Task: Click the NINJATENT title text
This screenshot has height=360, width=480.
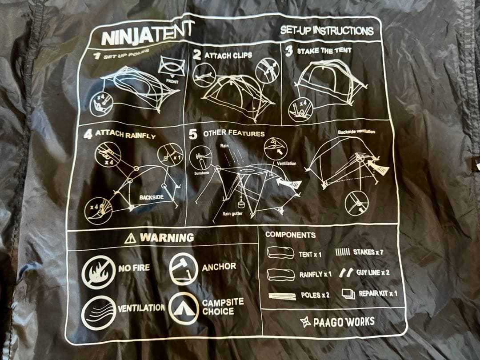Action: (x=147, y=34)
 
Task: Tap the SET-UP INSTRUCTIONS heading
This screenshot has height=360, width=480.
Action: (x=327, y=30)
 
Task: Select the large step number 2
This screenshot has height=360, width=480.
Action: (x=197, y=55)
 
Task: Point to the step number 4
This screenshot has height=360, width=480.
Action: (x=88, y=134)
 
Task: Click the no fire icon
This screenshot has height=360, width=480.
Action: (x=98, y=272)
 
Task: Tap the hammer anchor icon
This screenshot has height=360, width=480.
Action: (x=184, y=269)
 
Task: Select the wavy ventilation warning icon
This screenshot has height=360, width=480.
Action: (x=99, y=313)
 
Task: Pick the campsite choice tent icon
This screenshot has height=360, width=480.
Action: (x=184, y=308)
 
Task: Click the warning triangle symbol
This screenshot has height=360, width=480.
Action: (x=130, y=238)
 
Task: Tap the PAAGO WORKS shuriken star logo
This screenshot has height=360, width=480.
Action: (x=305, y=322)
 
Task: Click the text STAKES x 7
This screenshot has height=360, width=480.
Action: (x=368, y=252)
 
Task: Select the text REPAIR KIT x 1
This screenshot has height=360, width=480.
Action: (x=378, y=293)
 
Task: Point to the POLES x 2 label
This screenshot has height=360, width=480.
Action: (x=315, y=295)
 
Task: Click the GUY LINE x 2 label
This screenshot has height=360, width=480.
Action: (x=373, y=272)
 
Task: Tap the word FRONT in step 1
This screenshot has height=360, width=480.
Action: (x=172, y=82)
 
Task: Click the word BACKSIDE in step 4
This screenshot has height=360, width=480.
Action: (x=151, y=197)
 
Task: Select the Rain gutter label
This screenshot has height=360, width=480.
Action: (x=232, y=214)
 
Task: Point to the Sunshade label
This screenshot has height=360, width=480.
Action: (x=201, y=173)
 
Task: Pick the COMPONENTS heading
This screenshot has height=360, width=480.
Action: (x=290, y=235)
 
